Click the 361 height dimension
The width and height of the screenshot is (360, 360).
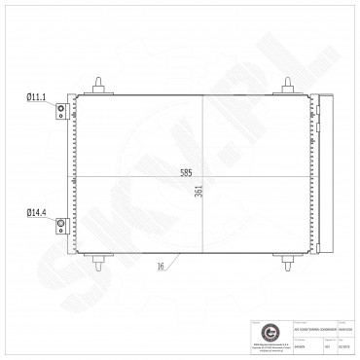click(x=198, y=192)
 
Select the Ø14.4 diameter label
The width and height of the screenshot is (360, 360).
click(x=35, y=211)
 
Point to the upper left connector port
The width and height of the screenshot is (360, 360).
click(x=60, y=111)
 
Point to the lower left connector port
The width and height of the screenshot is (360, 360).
click(x=60, y=227)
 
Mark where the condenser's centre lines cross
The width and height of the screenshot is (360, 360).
click(x=202, y=176)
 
